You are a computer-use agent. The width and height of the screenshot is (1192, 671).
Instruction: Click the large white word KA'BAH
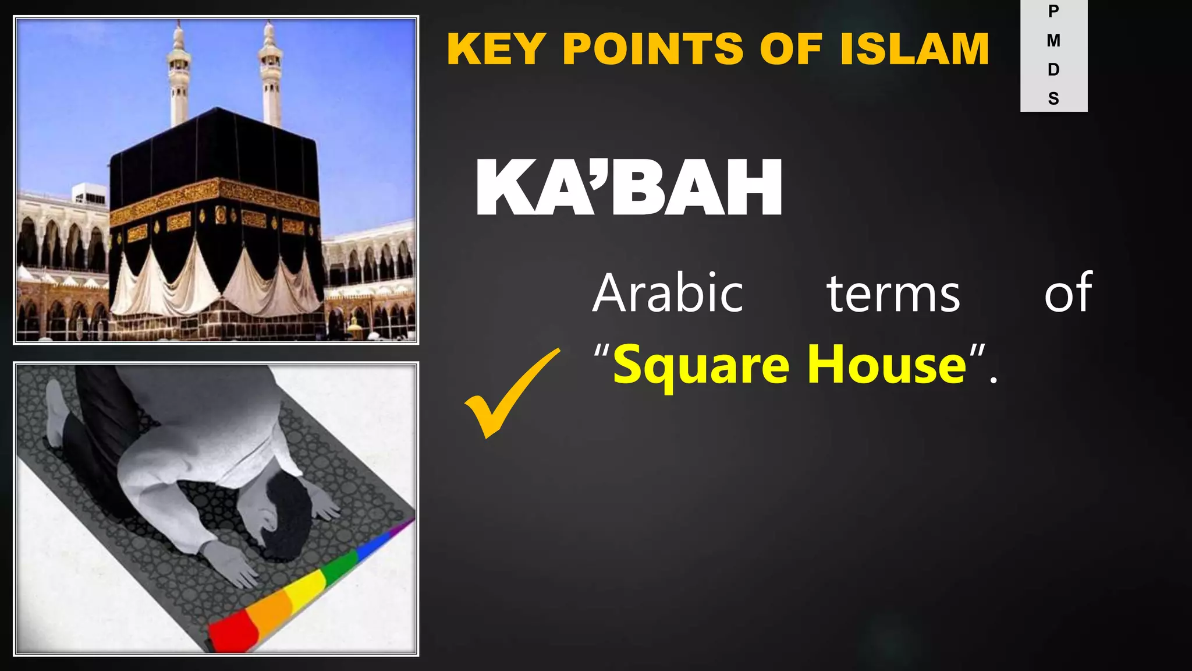(629, 188)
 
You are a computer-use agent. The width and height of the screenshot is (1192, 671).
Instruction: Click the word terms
(893, 294)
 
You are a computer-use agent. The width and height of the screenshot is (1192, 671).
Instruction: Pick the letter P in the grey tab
(1053, 11)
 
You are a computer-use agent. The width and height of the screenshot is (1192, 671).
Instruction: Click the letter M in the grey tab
(1053, 40)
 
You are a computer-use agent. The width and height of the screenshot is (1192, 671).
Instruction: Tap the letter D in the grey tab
(1053, 69)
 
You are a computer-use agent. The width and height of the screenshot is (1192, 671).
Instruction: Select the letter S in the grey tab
(1053, 98)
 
